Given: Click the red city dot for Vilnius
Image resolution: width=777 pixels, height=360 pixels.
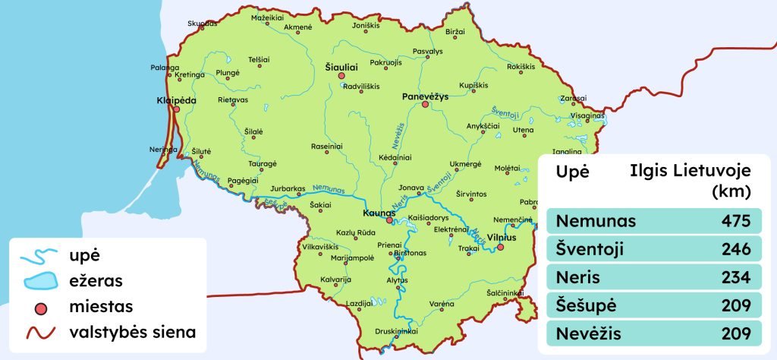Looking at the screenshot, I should tap(500, 247).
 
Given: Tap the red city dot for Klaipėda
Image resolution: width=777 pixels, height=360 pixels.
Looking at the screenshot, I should tap(177, 109).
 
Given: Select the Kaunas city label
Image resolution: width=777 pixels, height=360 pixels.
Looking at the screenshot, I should tap(377, 213).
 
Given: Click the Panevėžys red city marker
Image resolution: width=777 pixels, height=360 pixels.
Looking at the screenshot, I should tap(425, 105).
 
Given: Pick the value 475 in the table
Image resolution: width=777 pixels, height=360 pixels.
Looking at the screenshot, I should tap(735, 222).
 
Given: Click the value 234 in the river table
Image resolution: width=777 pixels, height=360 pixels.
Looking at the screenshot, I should tap(735, 278).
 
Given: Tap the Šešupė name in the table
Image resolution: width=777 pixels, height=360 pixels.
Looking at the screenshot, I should tap(587, 305).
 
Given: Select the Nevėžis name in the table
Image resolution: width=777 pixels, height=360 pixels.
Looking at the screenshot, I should tap(588, 333).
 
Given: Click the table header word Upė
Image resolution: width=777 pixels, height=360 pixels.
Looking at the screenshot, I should tap(573, 172).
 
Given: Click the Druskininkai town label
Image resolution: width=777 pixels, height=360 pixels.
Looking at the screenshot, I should tap(397, 331).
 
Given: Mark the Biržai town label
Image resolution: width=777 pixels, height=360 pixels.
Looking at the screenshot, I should tap(455, 32).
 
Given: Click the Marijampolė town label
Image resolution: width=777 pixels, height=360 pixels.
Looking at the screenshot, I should tap(332, 257).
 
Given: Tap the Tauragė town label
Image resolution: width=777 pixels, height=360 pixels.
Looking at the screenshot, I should tap(263, 163).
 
